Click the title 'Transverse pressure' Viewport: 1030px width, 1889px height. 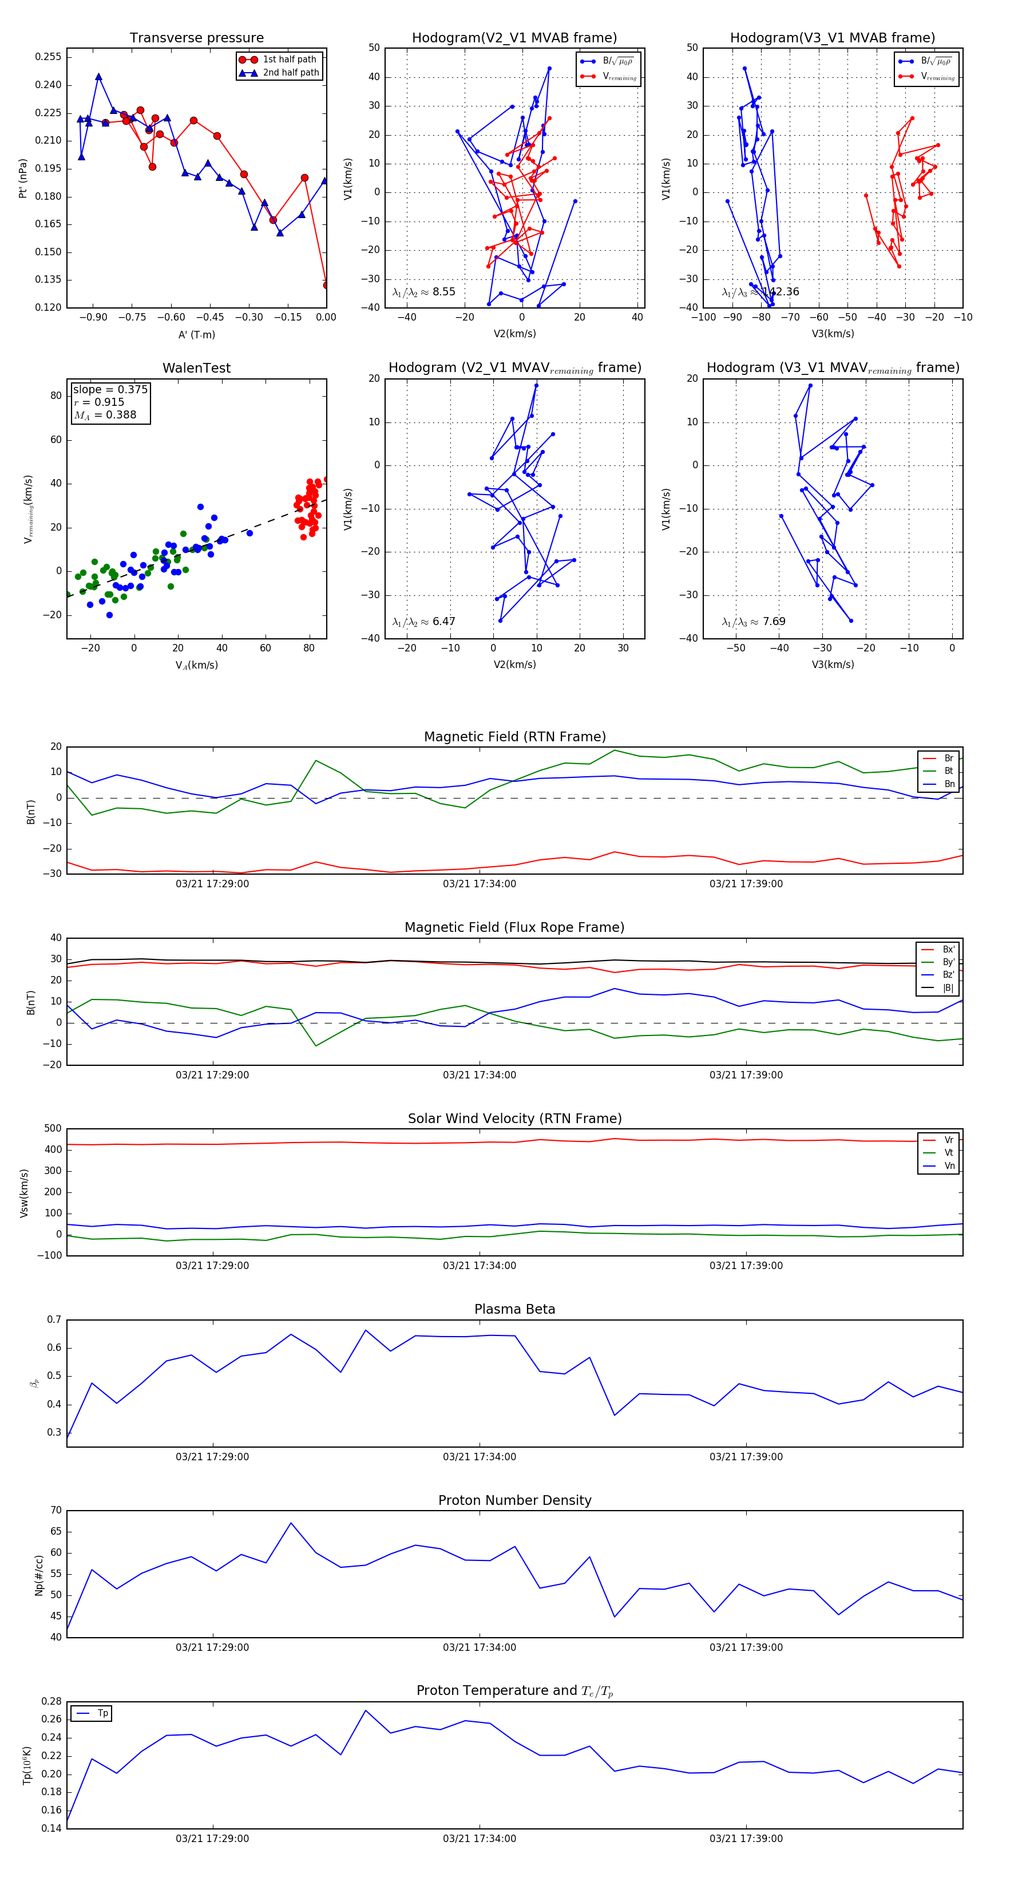(196, 38)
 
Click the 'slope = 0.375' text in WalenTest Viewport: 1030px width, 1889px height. (110, 389)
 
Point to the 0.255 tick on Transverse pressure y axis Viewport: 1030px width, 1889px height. (49, 57)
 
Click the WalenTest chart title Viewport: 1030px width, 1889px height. (196, 368)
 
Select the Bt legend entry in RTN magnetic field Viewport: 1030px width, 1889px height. (949, 770)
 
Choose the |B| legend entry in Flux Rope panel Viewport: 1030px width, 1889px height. (948, 988)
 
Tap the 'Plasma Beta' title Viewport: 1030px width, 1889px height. (514, 1309)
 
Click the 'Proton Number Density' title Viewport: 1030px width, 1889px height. (514, 1500)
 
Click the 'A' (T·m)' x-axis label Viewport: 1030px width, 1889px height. (196, 335)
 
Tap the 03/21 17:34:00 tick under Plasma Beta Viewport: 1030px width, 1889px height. (480, 1457)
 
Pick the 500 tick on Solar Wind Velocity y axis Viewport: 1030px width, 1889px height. (53, 1129)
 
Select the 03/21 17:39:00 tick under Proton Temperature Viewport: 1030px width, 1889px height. (746, 1839)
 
